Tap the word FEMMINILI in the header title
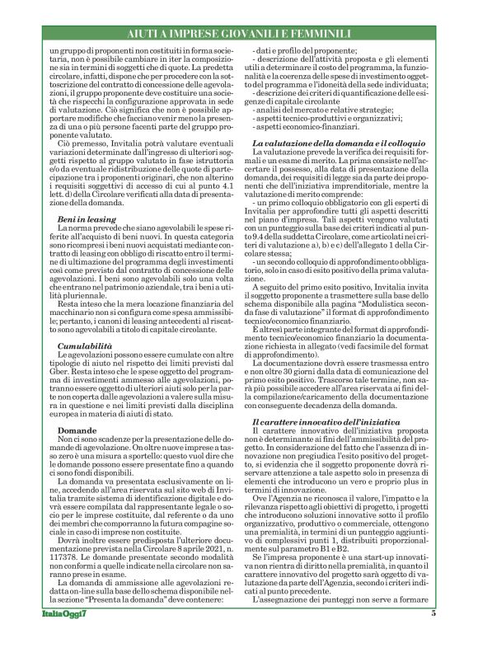click(x=333, y=32)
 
